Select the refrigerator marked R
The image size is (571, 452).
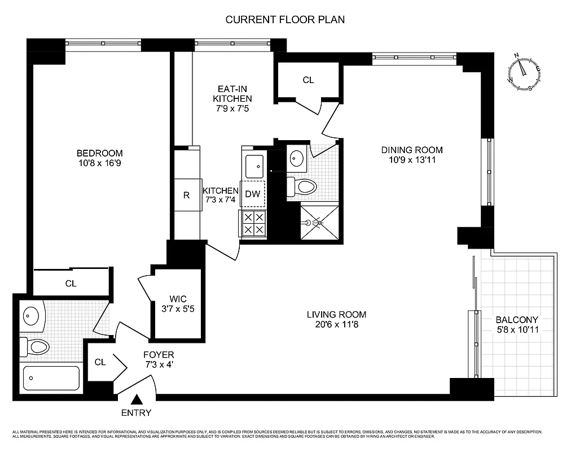pyautogui.click(x=186, y=195)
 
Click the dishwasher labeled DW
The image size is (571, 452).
pyautogui.click(x=252, y=194)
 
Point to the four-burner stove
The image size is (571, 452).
pyautogui.click(x=253, y=224)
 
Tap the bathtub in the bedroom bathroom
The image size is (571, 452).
pyautogui.click(x=51, y=379)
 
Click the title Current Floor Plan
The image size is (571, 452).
pyautogui.click(x=285, y=19)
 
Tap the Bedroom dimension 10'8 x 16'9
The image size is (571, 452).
pyautogui.click(x=99, y=163)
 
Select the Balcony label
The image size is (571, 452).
pyautogui.click(x=517, y=319)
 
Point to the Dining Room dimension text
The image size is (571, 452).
pyautogui.click(x=412, y=160)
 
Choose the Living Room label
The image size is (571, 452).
pyautogui.click(x=336, y=315)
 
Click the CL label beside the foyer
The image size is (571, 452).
pyautogui.click(x=100, y=362)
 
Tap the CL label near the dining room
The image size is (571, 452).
pyautogui.click(x=308, y=80)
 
